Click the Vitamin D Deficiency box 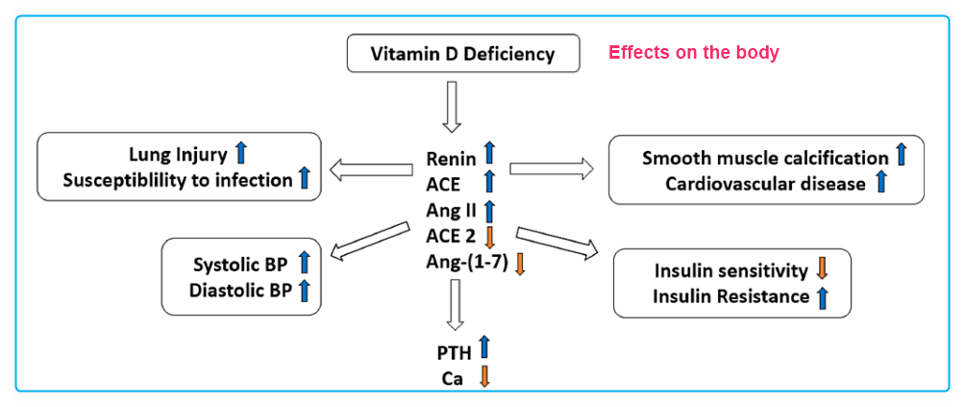coord(462,54)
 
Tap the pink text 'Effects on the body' coord(693,53)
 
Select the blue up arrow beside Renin coord(488,152)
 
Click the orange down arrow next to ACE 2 coord(488,236)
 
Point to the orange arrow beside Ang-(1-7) coord(520,263)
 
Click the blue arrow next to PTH coord(484,347)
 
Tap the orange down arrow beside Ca coord(484,376)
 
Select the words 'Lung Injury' coord(178,154)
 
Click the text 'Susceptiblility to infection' coord(177,180)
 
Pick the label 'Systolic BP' coord(239,261)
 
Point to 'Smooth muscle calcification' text coord(765,158)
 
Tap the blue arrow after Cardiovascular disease coord(881,182)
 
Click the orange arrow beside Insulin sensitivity coord(821,270)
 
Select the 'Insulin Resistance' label coord(730,296)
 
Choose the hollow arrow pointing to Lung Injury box coord(371,170)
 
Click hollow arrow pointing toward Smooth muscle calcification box coord(551,168)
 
